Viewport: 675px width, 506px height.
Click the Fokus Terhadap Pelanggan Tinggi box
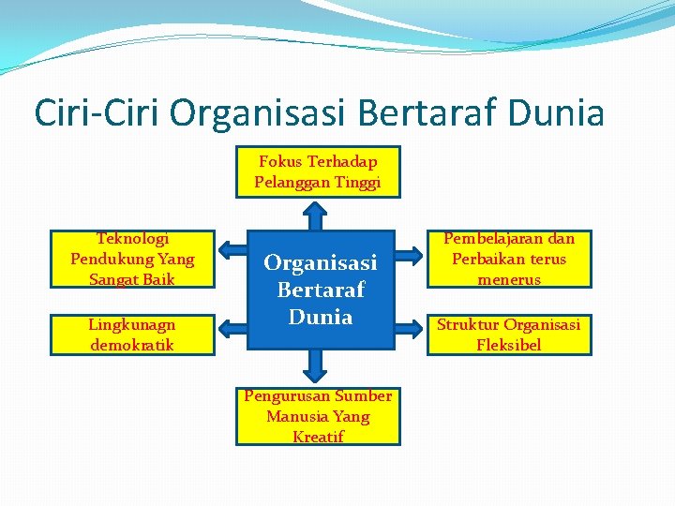pos(318,171)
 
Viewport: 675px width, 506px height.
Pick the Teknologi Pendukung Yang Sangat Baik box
pos(132,259)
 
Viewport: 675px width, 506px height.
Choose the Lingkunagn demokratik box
pos(132,335)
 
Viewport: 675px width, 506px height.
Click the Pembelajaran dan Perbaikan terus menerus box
pos(509,259)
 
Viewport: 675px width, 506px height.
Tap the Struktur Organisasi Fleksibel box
pos(509,335)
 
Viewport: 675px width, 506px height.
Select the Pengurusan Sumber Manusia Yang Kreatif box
pos(318,416)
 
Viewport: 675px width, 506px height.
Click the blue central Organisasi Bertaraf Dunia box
pos(320,290)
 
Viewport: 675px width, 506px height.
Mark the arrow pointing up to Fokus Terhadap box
pos(319,215)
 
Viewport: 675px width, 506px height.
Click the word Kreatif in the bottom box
pos(318,437)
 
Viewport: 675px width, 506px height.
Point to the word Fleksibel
pos(508,345)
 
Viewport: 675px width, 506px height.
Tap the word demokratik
pos(132,345)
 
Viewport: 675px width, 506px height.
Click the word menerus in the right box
pos(509,279)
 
